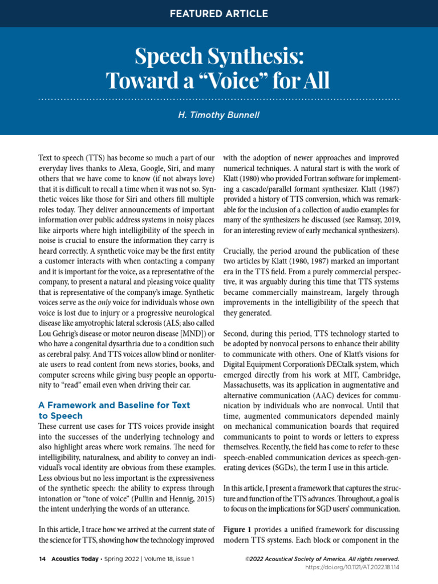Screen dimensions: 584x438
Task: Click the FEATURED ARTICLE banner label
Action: coord(218,13)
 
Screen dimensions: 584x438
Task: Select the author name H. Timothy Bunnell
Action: coord(219,115)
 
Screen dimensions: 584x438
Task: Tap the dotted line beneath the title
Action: coord(218,99)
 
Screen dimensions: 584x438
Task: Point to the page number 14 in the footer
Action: coord(42,559)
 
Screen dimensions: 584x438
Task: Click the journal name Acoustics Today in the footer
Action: coord(73,559)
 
